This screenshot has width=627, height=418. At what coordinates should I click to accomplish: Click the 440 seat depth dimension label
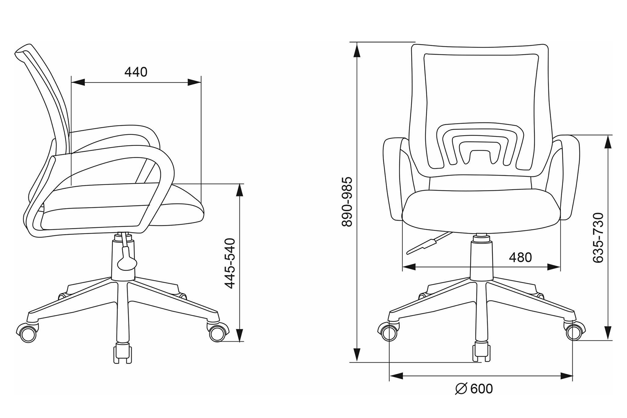click(136, 72)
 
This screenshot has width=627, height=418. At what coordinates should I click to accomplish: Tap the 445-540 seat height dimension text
click(230, 263)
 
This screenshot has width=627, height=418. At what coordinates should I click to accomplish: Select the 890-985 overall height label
click(347, 201)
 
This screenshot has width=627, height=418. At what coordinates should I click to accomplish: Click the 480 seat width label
click(520, 257)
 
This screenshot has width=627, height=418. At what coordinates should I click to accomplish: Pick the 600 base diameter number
click(482, 389)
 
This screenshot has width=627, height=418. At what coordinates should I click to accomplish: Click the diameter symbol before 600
click(461, 389)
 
